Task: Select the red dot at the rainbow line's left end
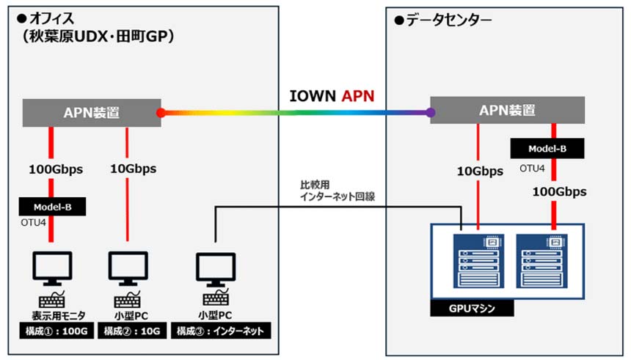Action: click(x=160, y=113)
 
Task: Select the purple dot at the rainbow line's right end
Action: click(x=430, y=113)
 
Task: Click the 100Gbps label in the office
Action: click(x=51, y=169)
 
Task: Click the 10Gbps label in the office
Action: click(x=128, y=169)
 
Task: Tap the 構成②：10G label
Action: click(x=130, y=331)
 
